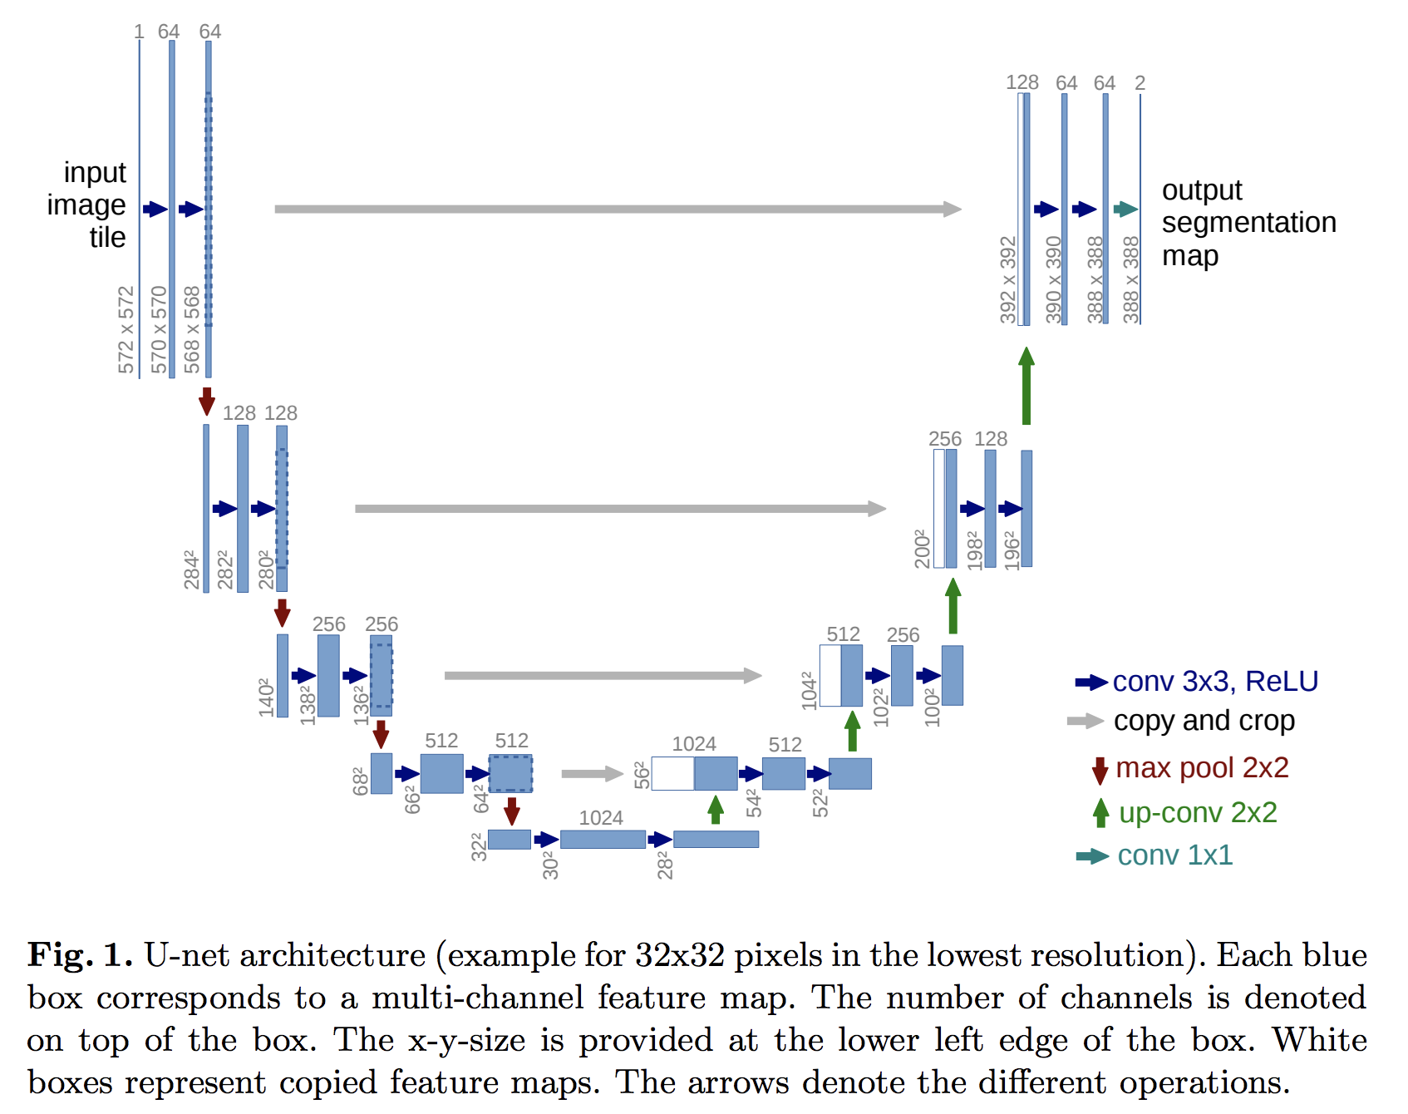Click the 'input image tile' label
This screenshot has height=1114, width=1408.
point(87,205)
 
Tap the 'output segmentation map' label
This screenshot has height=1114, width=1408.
point(1249,223)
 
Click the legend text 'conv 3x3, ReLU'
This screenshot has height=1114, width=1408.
point(1215,682)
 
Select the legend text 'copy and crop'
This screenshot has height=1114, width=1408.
point(1204,721)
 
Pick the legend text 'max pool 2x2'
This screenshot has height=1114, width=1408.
point(1202,767)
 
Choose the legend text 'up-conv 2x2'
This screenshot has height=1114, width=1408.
point(1198,812)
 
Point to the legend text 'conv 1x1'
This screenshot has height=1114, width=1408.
point(1175,855)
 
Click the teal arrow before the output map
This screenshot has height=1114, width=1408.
point(1125,209)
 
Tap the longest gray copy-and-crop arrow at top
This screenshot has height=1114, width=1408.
point(618,209)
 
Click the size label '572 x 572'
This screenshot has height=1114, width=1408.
point(126,330)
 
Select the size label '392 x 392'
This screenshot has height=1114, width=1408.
point(1008,280)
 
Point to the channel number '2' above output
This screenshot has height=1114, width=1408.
point(1140,83)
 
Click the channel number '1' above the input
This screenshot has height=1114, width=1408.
point(139,32)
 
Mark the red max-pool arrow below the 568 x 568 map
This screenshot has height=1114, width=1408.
point(207,402)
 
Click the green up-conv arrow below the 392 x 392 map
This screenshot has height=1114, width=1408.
point(1026,386)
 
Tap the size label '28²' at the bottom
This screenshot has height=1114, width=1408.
point(665,865)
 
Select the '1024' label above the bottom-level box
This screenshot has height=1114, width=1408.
point(601,818)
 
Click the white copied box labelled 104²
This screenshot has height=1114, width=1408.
point(830,676)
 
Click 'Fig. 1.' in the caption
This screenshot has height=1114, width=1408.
point(80,955)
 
